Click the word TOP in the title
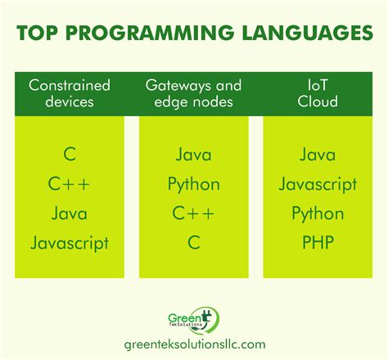pos(38,33)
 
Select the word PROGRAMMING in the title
pos(150,33)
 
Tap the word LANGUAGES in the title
pos(308,33)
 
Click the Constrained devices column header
pos(70,93)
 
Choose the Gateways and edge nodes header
pos(193,93)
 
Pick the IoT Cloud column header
pos(318,93)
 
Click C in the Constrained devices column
pos(70,154)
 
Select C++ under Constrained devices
pos(69,183)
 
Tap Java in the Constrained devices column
pos(70,214)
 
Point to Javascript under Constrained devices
pos(70,243)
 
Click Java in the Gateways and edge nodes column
pos(193,155)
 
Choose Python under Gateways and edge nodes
pos(194,185)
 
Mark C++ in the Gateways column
pos(193,213)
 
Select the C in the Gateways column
pos(194,242)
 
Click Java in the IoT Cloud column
pos(318,155)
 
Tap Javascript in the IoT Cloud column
pos(318,185)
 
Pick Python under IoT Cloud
pos(318,214)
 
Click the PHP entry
pos(318,242)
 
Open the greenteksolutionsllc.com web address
pos(195,344)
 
